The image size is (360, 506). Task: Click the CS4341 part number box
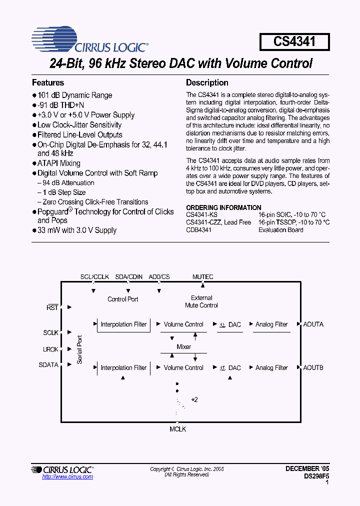(x=294, y=41)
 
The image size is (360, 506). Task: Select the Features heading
(x=48, y=82)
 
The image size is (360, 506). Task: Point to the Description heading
(x=207, y=82)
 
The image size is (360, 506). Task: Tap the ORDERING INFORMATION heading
(x=223, y=207)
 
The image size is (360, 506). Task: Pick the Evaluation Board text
(x=281, y=230)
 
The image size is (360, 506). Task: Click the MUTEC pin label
(x=202, y=276)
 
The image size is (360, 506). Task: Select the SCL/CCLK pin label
(x=95, y=276)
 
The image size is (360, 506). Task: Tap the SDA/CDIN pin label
(x=129, y=276)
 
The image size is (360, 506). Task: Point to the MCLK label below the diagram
(x=177, y=428)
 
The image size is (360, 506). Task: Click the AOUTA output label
(x=313, y=324)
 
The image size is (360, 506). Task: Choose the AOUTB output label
(x=313, y=368)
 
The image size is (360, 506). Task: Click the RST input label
(x=52, y=308)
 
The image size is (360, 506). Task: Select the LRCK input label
(x=50, y=349)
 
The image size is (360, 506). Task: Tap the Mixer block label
(x=184, y=346)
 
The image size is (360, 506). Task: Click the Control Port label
(x=123, y=299)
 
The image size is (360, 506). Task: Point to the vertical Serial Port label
(x=79, y=349)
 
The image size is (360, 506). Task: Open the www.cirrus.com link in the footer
(x=67, y=477)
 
